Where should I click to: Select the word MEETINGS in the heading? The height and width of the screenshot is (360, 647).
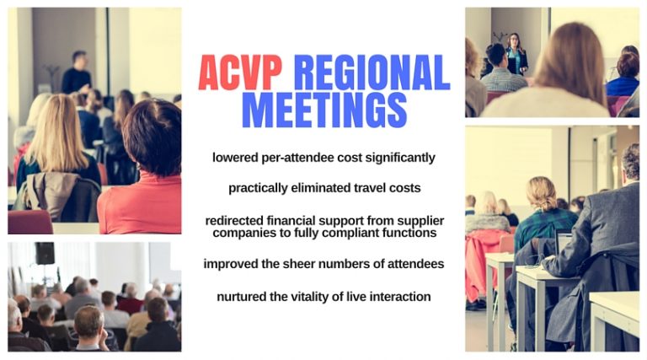(323, 110)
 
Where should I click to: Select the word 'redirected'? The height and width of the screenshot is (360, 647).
(239, 220)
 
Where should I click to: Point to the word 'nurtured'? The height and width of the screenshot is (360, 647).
(246, 297)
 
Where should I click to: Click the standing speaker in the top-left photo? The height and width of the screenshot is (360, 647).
(78, 73)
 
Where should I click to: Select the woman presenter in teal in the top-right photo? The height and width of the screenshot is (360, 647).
(515, 54)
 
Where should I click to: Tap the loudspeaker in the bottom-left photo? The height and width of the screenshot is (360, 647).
(45, 254)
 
